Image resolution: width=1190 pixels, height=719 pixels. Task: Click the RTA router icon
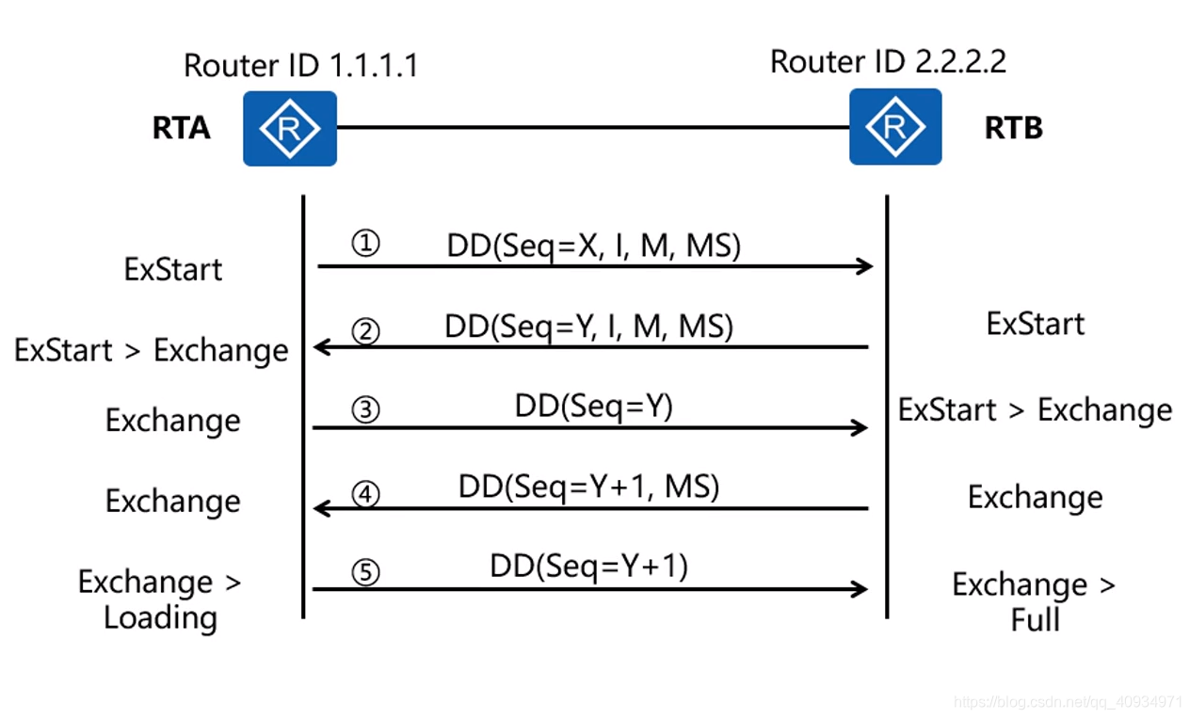[x=290, y=129]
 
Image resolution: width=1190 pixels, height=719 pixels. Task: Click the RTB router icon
[x=895, y=127]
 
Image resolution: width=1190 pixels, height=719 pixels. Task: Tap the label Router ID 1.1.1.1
[x=300, y=66]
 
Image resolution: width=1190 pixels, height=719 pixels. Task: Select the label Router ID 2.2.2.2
[x=888, y=62]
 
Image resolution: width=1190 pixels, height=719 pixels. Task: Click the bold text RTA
[x=181, y=128]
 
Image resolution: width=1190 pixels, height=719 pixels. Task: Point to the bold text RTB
[x=1013, y=128]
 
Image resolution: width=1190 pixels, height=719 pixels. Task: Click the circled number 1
[x=365, y=245]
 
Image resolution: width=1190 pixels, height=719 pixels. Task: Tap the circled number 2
[x=365, y=330]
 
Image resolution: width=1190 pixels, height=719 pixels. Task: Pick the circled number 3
[x=365, y=411]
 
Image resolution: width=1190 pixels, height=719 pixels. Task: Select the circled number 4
[x=365, y=493]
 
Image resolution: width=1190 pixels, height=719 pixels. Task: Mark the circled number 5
[x=365, y=573]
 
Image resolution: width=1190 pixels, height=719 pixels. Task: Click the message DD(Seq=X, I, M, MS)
[x=593, y=246]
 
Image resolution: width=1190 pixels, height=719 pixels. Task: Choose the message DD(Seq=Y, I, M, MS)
[x=588, y=327]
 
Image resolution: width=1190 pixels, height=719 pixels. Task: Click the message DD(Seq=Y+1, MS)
[x=588, y=487]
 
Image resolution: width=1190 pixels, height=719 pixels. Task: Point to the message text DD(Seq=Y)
[x=593, y=406]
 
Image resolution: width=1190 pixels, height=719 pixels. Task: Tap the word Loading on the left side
[x=160, y=618]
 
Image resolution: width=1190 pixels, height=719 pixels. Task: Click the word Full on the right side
[x=1035, y=620]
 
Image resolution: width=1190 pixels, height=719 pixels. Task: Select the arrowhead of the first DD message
[x=866, y=266]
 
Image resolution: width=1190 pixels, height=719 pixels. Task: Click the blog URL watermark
[x=1068, y=702]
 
